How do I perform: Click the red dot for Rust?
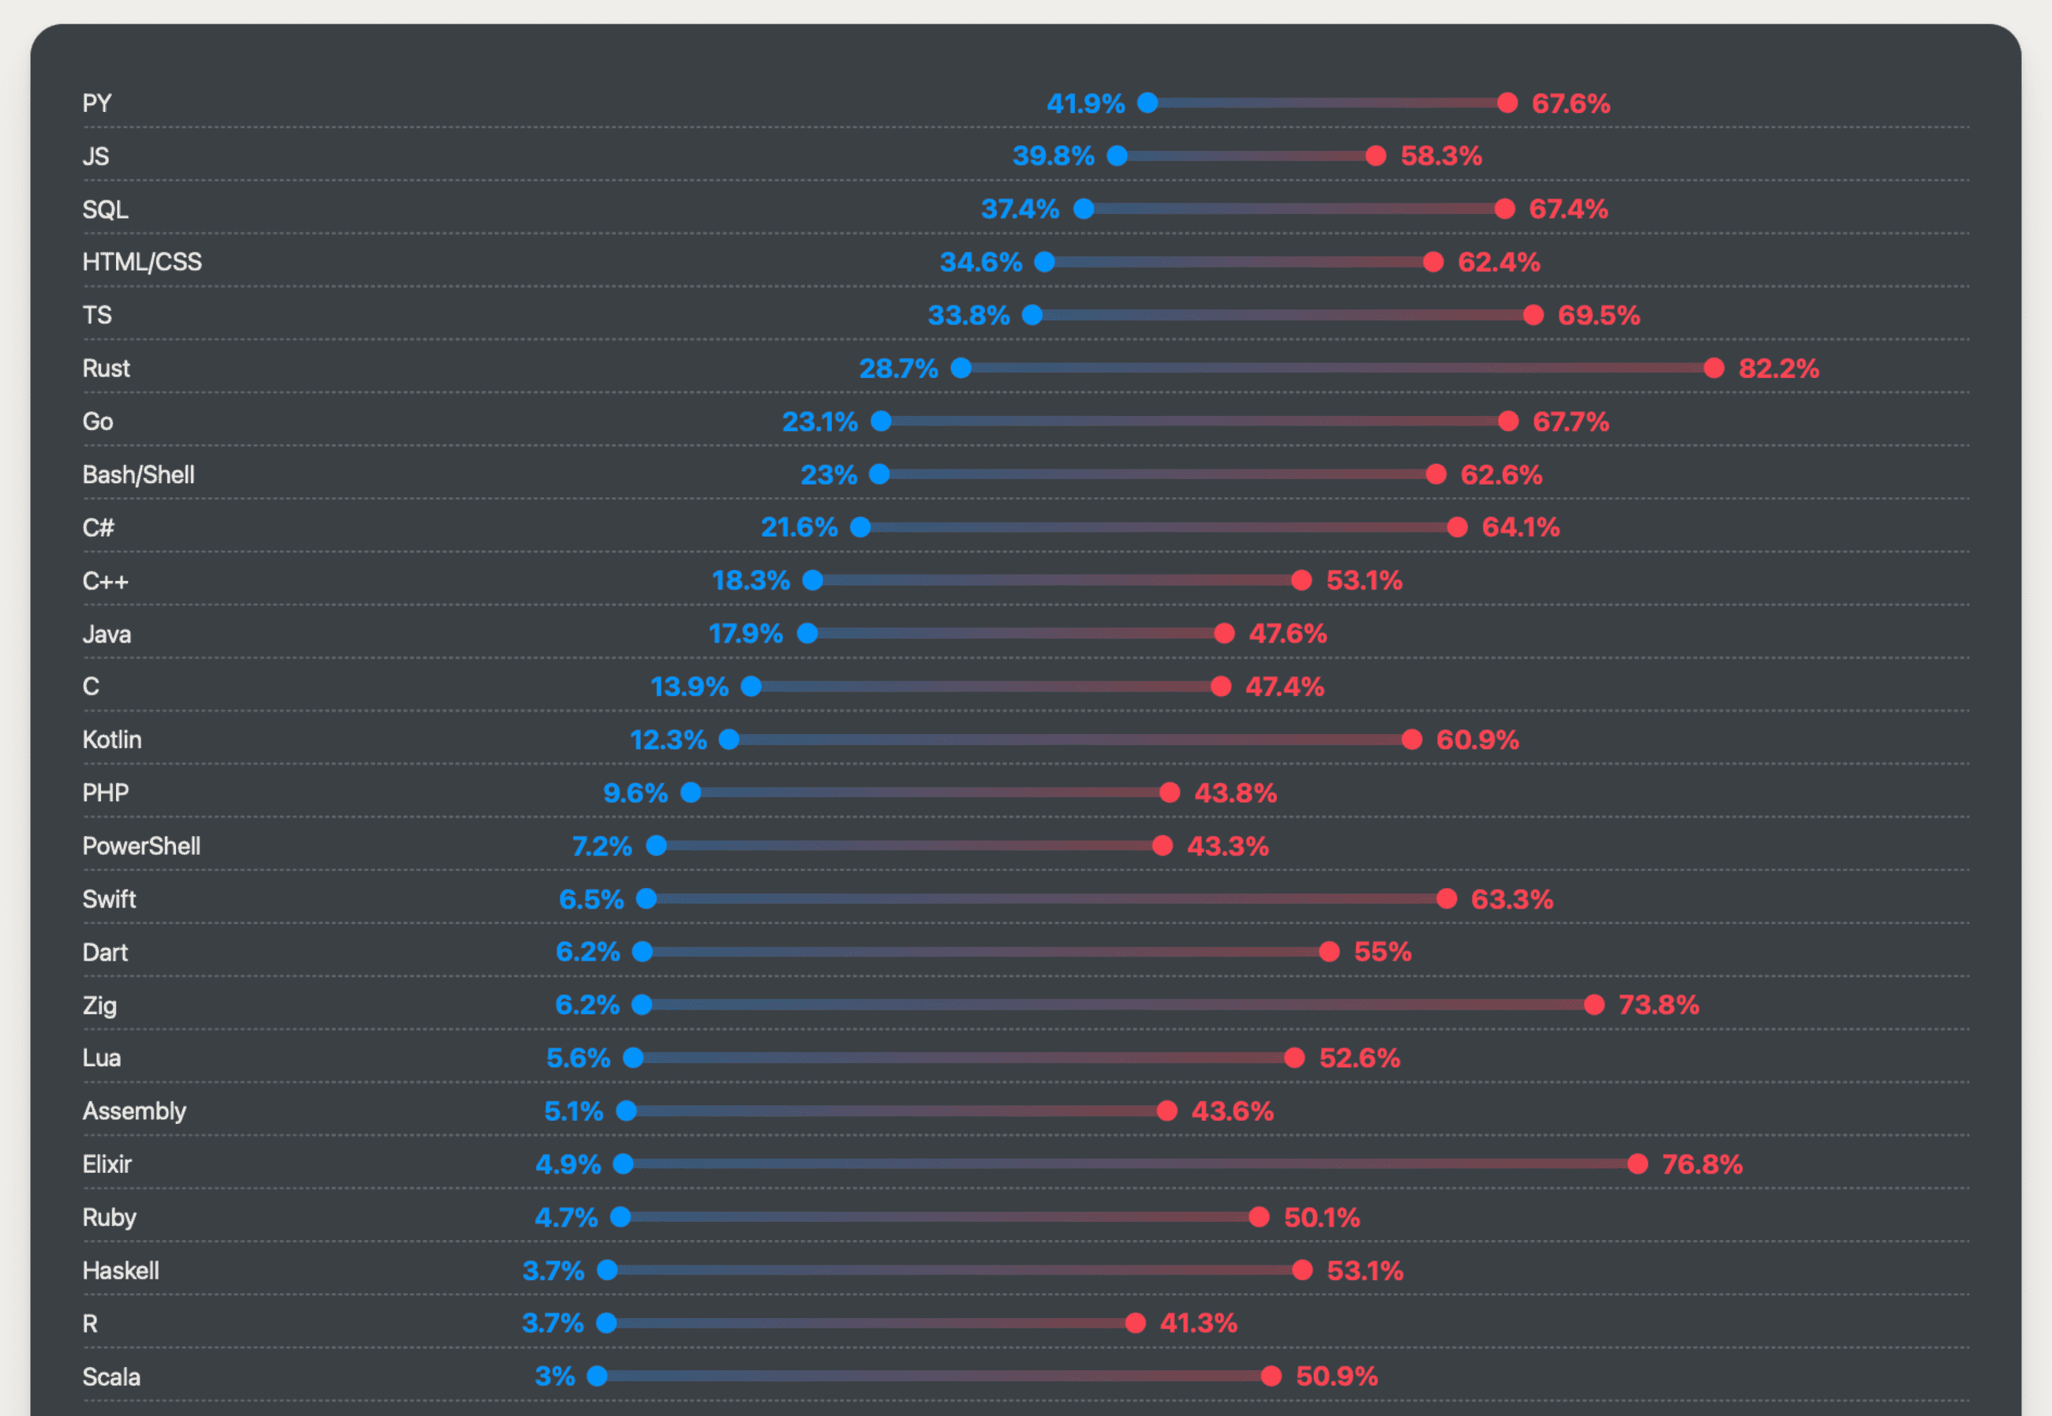(x=1713, y=368)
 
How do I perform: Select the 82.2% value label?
(x=1778, y=368)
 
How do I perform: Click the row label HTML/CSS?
(x=142, y=262)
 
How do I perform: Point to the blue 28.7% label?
(x=898, y=368)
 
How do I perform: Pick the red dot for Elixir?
(x=1637, y=1164)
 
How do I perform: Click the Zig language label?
(x=99, y=1006)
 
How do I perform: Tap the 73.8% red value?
(x=1658, y=1006)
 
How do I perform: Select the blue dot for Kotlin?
(x=728, y=740)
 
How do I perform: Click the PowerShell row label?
(x=141, y=845)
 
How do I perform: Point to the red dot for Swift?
(x=1446, y=899)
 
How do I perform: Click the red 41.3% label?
(x=1198, y=1323)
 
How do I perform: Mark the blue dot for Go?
(x=880, y=421)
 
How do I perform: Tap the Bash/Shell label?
(x=138, y=474)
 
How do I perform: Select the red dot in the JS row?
(x=1375, y=156)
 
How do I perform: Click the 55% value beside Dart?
(x=1382, y=952)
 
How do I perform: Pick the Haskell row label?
(x=121, y=1271)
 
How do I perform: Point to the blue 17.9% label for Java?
(x=745, y=634)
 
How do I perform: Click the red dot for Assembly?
(x=1166, y=1111)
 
